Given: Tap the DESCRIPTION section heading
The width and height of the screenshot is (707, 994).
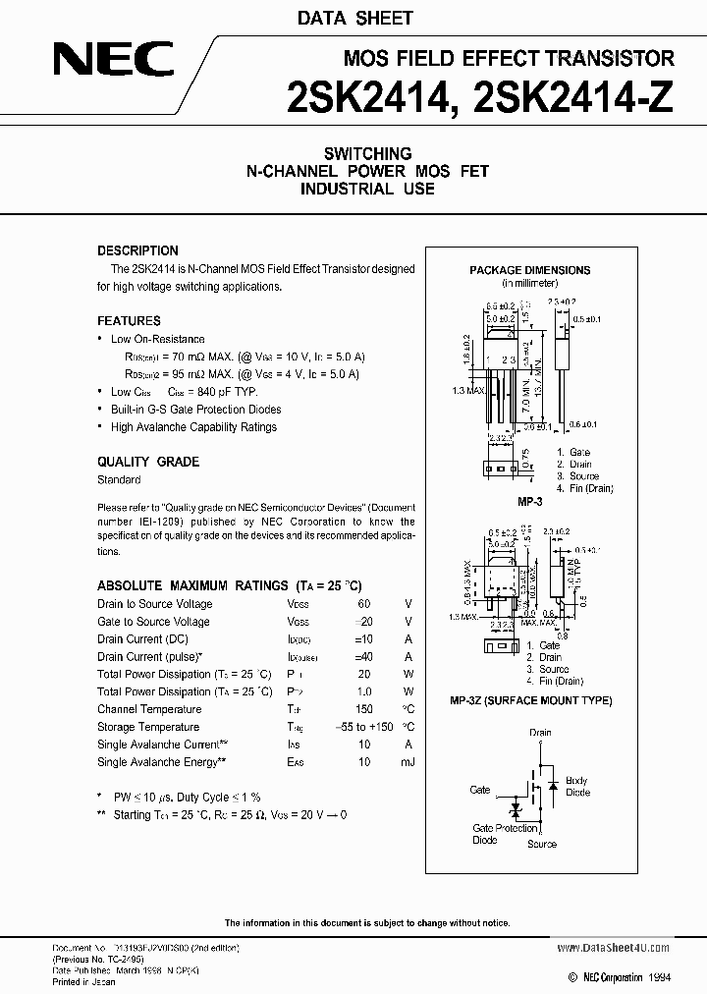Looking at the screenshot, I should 137,250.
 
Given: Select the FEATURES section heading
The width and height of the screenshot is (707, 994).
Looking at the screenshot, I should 129,321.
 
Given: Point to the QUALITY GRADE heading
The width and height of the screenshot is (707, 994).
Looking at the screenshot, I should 147,462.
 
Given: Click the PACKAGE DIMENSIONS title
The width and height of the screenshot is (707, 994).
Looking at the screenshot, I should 529,270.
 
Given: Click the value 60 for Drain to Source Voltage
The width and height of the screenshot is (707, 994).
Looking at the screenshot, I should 364,604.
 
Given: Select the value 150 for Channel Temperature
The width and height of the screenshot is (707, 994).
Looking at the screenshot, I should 364,709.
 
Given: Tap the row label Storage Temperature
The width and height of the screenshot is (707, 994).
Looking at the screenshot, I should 148,727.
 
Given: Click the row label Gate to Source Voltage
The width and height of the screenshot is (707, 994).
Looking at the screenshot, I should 153,622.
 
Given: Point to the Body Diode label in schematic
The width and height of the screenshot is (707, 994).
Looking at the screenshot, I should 577,786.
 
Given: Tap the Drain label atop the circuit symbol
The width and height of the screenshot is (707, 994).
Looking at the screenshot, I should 540,733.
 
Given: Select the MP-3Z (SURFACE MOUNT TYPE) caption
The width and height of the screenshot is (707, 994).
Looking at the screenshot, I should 530,700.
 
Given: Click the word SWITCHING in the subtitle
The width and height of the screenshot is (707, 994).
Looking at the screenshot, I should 367,154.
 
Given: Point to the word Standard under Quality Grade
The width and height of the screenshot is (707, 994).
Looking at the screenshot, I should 119,479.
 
